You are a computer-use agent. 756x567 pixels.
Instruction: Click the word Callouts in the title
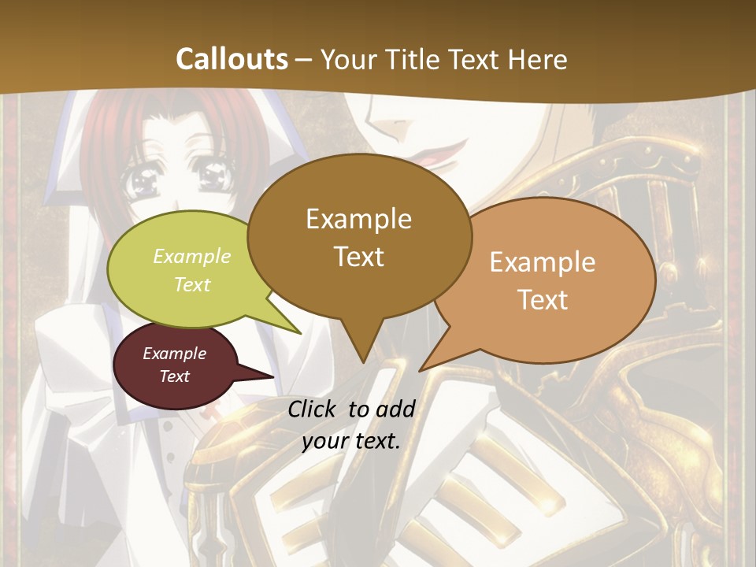[x=232, y=59]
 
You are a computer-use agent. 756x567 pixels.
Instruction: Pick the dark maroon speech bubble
[x=175, y=365]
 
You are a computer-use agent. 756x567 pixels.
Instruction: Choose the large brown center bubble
[x=359, y=236]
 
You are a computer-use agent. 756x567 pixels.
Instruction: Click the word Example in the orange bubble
[x=543, y=262]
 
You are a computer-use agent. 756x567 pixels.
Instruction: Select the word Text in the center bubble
[x=359, y=257]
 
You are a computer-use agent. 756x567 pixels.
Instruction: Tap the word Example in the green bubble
[x=192, y=256]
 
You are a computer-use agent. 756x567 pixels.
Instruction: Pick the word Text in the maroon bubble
[x=175, y=376]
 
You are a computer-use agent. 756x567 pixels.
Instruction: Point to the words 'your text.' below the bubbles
[x=351, y=441]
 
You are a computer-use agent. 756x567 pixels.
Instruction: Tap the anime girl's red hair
[x=110, y=134]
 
